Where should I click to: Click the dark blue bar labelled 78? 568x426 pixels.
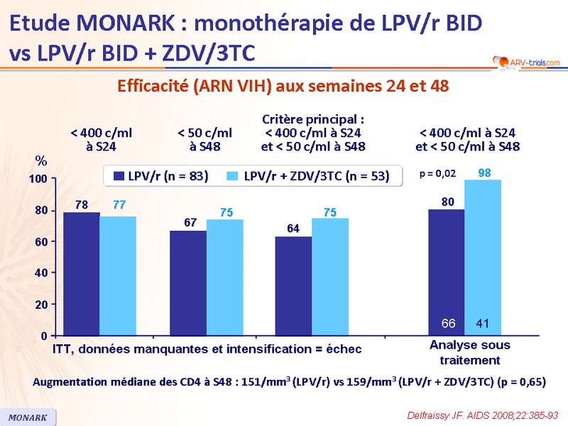[81, 273]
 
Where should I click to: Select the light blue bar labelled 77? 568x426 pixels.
[118, 275]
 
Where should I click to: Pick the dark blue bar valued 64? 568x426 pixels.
[293, 285]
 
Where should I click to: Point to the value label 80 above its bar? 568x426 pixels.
[447, 202]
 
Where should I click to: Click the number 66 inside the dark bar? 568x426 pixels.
[448, 324]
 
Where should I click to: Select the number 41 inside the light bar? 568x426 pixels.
[483, 324]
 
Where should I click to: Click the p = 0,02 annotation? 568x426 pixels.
[437, 173]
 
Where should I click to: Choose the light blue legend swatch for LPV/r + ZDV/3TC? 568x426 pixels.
[231, 175]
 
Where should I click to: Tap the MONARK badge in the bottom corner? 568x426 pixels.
[28, 417]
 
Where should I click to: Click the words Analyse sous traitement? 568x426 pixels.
[469, 353]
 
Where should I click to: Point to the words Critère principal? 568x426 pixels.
[313, 119]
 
